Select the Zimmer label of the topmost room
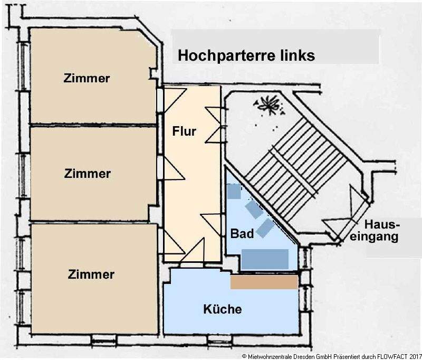(87, 78)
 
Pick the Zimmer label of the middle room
(87, 173)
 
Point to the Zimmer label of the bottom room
(91, 274)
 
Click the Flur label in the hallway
(184, 131)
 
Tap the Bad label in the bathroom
(242, 233)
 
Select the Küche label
(223, 309)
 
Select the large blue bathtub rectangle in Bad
(265, 259)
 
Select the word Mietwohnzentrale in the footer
(268, 356)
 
